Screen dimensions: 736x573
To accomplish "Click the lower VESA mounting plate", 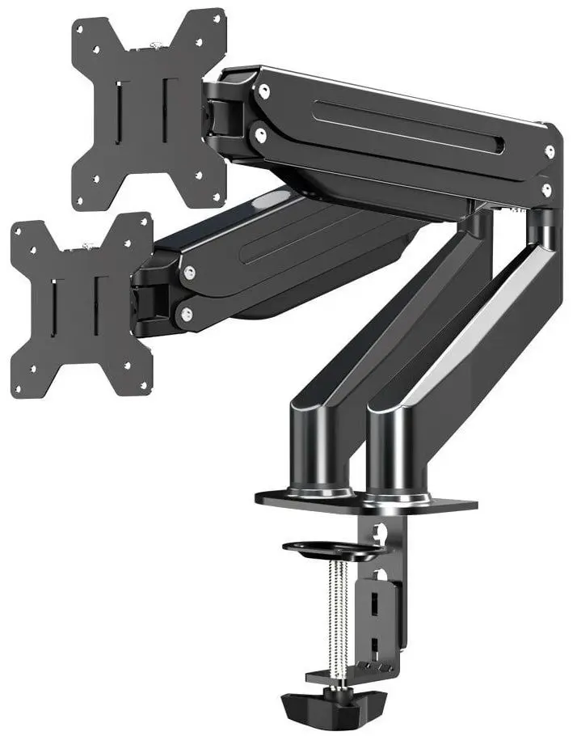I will pos(81,303).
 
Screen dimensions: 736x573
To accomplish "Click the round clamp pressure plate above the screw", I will pos(331,549).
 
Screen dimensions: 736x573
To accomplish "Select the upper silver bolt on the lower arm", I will pos(188,273).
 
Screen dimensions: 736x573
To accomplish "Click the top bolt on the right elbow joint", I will pos(550,151).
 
